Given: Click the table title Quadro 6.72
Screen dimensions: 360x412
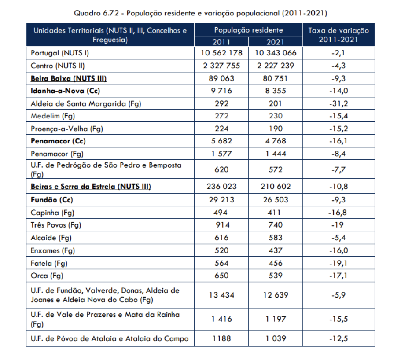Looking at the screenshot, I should (x=200, y=13).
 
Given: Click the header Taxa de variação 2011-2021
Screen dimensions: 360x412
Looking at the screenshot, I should (x=338, y=35).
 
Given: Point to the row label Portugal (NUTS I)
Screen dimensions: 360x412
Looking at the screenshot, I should (x=59, y=53).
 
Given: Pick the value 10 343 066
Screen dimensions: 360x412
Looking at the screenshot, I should (x=275, y=53).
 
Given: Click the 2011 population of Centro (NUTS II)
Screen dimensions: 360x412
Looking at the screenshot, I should (x=221, y=66).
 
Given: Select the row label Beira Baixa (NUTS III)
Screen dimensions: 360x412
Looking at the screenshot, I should (x=69, y=78).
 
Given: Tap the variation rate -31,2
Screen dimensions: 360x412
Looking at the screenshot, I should (x=338, y=104).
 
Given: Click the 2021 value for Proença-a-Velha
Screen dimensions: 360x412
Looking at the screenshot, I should (x=275, y=129).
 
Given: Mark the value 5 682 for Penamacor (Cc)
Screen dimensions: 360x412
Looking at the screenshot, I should (x=221, y=142).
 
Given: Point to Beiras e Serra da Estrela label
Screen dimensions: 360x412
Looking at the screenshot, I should (x=91, y=187).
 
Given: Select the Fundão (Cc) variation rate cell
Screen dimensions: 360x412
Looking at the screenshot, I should (x=338, y=199).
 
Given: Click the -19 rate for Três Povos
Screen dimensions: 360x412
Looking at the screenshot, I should (x=338, y=225).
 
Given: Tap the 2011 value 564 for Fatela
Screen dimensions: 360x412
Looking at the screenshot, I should (x=221, y=263).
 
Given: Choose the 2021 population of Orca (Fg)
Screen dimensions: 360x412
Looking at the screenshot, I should (x=275, y=276).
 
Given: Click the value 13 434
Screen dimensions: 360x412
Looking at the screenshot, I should (x=221, y=295).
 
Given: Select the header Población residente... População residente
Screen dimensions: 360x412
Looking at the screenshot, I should (x=248, y=30).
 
